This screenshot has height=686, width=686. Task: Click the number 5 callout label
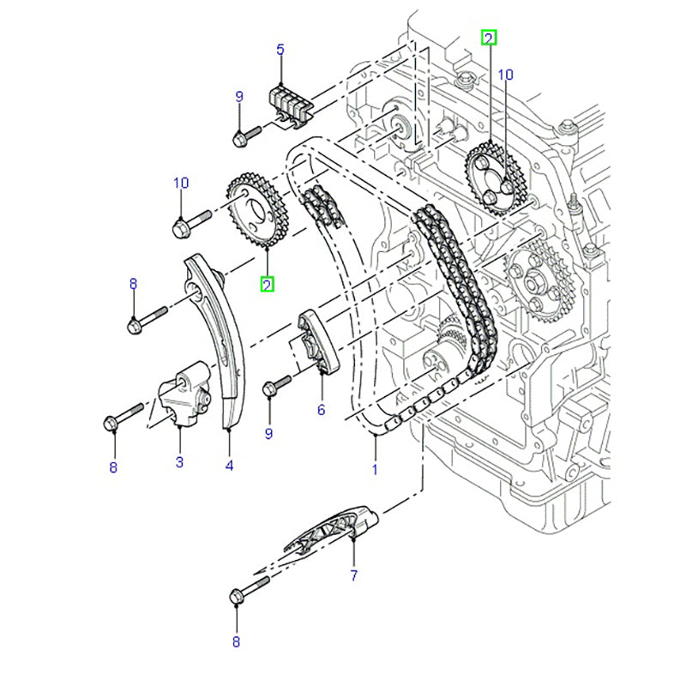[279, 50]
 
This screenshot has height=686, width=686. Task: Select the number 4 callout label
[230, 466]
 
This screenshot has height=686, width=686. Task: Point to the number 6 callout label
[321, 410]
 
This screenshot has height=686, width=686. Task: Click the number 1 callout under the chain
[374, 469]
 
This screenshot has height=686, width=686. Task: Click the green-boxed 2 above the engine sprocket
[488, 37]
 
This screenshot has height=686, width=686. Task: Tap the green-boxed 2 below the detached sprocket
[268, 283]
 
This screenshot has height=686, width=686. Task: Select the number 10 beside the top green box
[505, 75]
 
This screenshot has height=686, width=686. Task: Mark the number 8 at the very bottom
[236, 641]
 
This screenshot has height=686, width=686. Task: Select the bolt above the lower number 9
[273, 388]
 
